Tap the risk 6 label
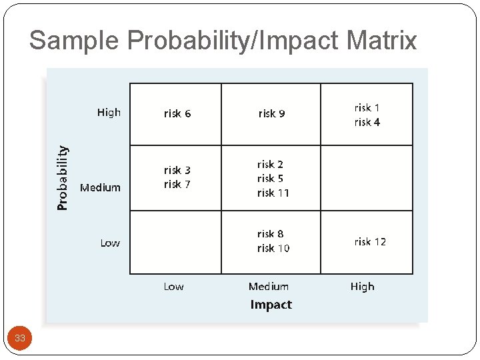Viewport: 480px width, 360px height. click(177, 113)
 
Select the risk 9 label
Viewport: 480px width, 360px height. click(271, 113)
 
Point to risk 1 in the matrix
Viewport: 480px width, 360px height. click(367, 107)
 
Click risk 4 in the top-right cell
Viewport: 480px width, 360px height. click(367, 122)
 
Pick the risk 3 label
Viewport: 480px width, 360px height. click(177, 170)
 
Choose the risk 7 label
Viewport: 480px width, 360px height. click(177, 184)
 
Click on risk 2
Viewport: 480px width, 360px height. click(270, 164)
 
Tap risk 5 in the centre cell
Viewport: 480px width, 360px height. click(270, 178)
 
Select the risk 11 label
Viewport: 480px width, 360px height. click(273, 193)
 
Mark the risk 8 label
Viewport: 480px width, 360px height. click(270, 234)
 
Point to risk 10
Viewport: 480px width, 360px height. click(273, 248)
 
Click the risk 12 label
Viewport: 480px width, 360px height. click(370, 241)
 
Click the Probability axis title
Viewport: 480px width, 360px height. click(62, 178)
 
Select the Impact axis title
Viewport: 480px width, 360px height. click(271, 305)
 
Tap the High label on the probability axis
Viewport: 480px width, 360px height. click(109, 112)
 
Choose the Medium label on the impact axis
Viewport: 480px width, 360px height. click(268, 287)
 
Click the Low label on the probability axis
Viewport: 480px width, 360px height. click(110, 243)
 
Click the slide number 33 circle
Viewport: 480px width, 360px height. click(20, 338)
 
